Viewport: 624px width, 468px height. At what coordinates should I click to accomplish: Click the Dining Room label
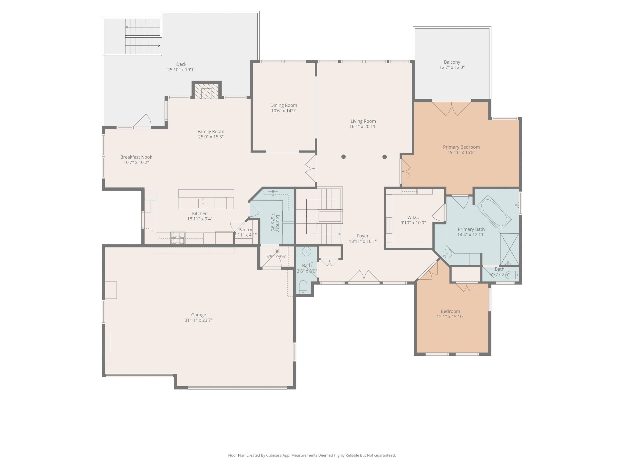click(283, 105)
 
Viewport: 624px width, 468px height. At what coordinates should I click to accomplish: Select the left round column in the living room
click(343, 156)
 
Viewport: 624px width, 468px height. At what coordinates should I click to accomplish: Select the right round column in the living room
click(384, 157)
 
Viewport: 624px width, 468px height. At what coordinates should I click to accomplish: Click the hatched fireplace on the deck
click(207, 91)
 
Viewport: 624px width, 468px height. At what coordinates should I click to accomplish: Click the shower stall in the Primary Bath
click(509, 249)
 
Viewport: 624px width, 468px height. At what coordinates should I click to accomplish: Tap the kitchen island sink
click(203, 203)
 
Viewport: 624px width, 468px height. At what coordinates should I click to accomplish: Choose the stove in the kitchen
click(178, 238)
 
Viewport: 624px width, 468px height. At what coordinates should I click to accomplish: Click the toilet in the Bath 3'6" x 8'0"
click(303, 286)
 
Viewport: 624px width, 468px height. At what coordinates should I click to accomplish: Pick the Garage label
click(199, 314)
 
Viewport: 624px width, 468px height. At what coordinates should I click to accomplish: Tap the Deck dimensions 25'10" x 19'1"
click(181, 70)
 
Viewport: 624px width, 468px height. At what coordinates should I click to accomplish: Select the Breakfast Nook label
click(136, 157)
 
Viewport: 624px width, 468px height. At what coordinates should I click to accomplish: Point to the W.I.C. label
click(413, 217)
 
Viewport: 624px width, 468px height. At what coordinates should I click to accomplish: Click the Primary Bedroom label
click(461, 147)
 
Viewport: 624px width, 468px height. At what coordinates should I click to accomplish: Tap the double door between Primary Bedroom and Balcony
click(452, 108)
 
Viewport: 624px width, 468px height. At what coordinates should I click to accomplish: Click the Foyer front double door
click(364, 276)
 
